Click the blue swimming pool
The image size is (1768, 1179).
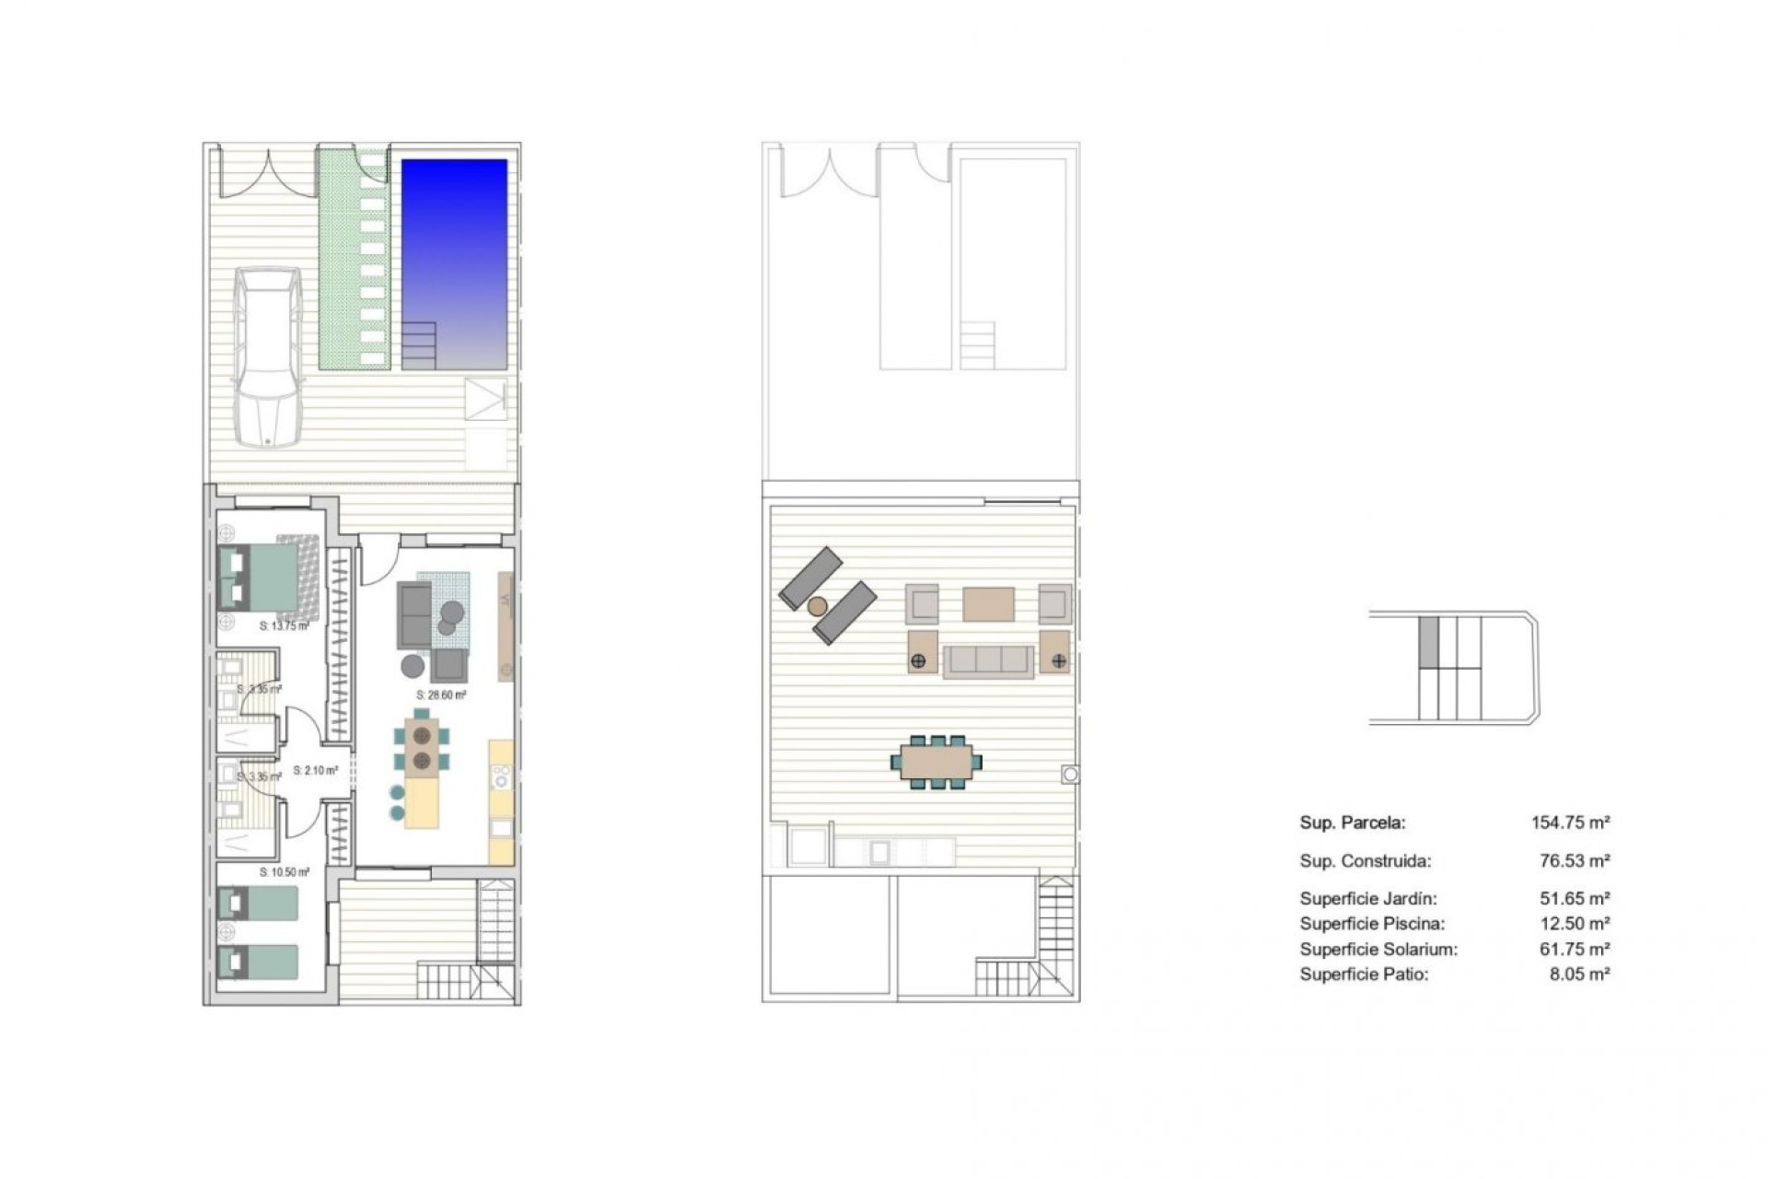click(454, 263)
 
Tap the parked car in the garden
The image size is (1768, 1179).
click(267, 356)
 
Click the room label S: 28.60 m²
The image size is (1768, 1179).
click(441, 695)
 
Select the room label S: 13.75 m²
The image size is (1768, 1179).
click(284, 626)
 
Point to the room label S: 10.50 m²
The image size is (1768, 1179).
click(284, 871)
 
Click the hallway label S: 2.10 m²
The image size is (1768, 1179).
click(315, 770)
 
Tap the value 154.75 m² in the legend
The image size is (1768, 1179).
click(1570, 823)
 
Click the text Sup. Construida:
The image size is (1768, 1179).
click(1365, 861)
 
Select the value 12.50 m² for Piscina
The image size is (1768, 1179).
click(1575, 923)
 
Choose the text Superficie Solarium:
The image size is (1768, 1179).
click(1378, 949)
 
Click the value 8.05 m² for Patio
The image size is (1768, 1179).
click(1579, 974)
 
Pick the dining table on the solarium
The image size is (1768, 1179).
click(936, 762)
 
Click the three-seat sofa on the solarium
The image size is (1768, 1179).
click(988, 660)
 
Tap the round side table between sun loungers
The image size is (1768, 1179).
click(817, 606)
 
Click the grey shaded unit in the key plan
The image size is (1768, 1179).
click(1428, 642)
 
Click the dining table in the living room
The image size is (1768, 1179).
click(423, 748)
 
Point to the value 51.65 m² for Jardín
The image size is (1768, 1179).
click(1575, 898)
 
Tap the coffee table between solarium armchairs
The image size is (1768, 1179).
click(988, 605)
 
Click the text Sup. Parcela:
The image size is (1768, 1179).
click(1352, 823)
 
